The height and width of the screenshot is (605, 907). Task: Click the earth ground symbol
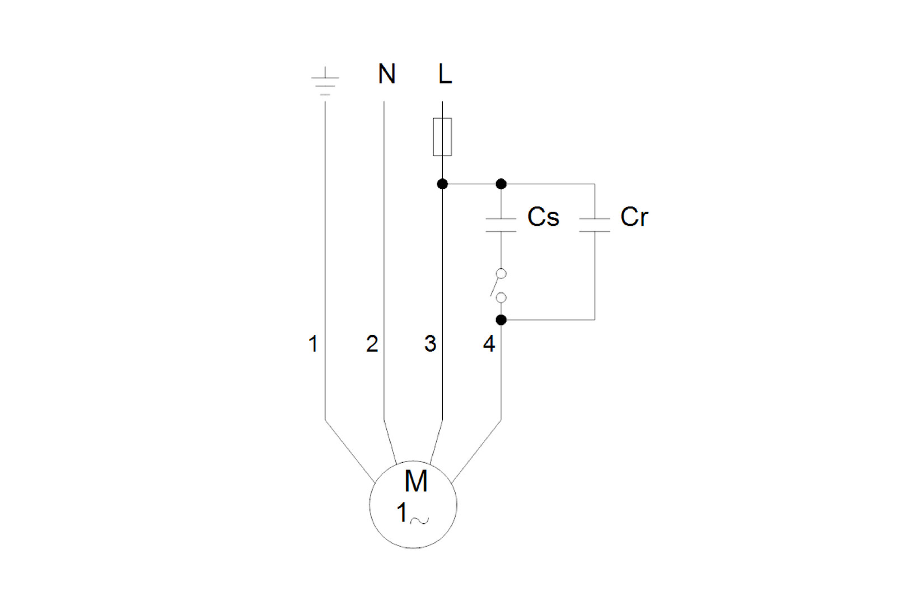tap(325, 83)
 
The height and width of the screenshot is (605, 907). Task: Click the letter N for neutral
tap(386, 74)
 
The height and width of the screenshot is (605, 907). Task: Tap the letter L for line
tap(445, 74)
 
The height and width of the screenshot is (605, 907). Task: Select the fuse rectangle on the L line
tap(442, 137)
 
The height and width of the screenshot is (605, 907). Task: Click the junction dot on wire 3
tap(442, 184)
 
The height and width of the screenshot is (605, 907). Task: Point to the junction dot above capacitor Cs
tap(501, 184)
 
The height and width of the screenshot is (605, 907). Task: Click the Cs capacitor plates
tap(501, 225)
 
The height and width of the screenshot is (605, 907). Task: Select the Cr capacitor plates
tap(595, 225)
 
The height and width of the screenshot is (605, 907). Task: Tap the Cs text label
tap(543, 217)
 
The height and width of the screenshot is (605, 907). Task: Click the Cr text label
tap(634, 217)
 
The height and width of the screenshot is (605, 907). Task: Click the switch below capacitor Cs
tap(498, 286)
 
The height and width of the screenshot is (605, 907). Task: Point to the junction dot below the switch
tap(501, 320)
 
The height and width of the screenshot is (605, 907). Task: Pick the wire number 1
tap(313, 343)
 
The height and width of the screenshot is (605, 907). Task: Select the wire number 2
tap(372, 343)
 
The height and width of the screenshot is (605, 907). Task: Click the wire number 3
tap(430, 343)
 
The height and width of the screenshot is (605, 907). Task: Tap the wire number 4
tap(489, 343)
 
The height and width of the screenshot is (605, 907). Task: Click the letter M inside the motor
tap(416, 481)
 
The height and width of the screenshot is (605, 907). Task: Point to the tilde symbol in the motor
tap(419, 520)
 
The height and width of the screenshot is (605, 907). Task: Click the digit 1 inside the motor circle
tap(401, 513)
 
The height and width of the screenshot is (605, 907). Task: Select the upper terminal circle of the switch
tap(501, 273)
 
